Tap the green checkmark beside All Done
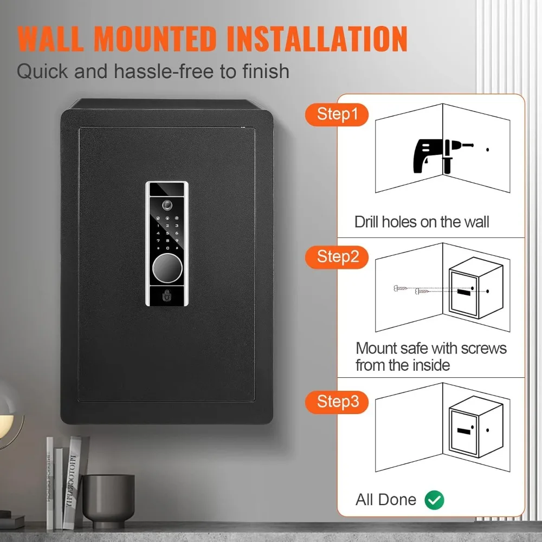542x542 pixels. click(434, 500)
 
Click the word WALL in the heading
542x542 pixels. click(60, 38)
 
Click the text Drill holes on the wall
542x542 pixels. click(422, 222)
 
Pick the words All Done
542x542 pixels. click(386, 500)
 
